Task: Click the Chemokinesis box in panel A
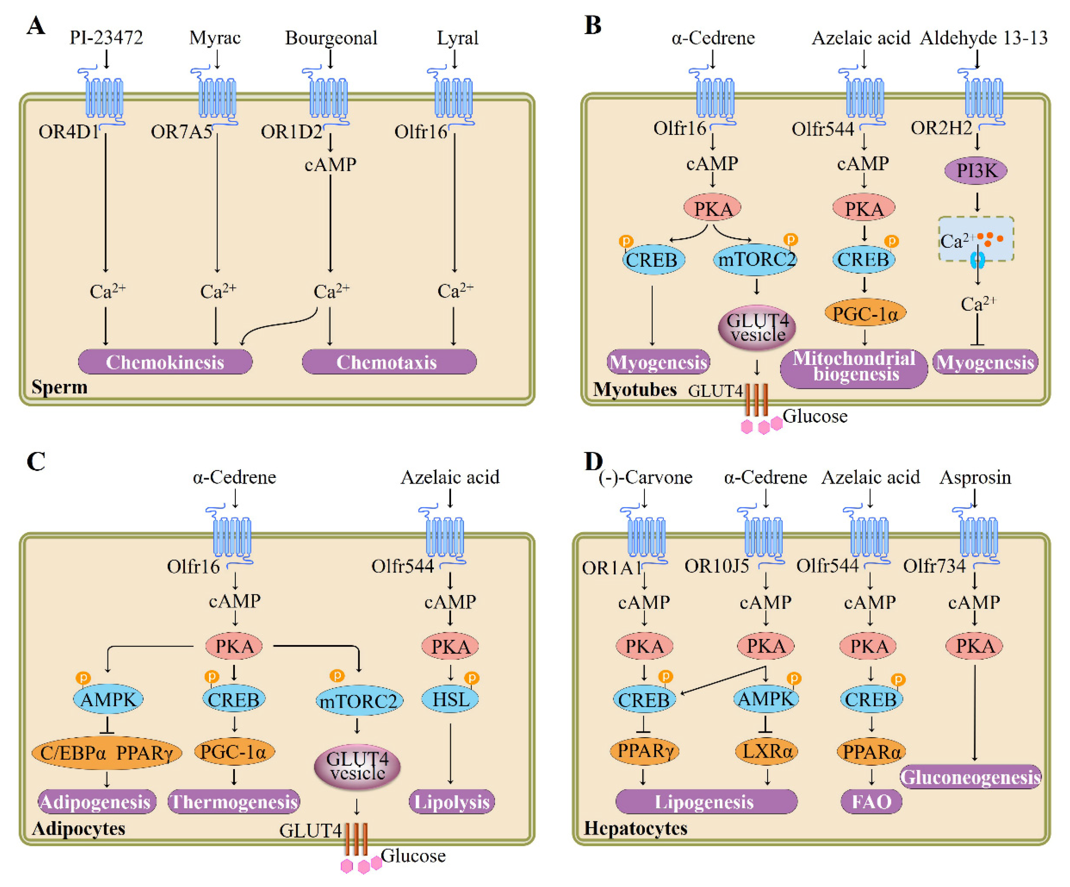point(165,362)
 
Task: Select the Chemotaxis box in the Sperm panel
point(389,362)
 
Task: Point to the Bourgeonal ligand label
point(331,38)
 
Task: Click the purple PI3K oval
point(976,170)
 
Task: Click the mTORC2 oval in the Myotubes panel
point(755,259)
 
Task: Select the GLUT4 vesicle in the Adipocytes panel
point(357,766)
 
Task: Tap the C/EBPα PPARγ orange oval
point(107,752)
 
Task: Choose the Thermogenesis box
point(234,802)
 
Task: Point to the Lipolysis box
point(451,802)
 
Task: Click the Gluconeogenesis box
point(971,777)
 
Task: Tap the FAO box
point(871,802)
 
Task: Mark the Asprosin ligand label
point(975,477)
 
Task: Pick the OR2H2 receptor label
point(941,128)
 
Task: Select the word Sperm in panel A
point(60,387)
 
